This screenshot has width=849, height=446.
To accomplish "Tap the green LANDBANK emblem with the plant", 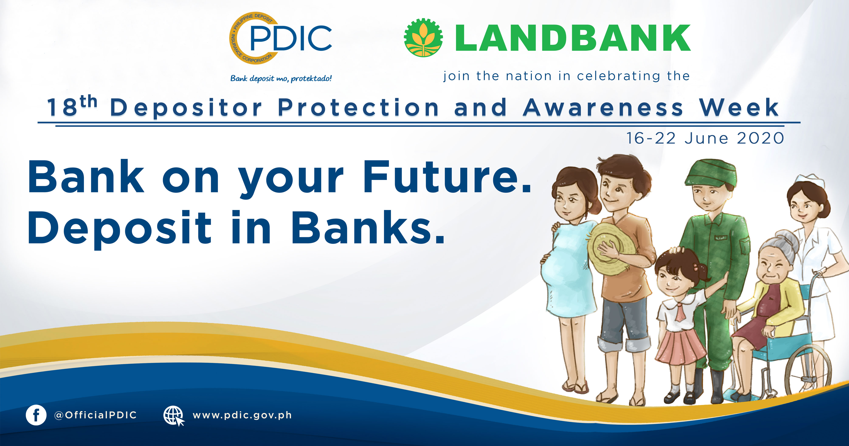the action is tap(423, 38).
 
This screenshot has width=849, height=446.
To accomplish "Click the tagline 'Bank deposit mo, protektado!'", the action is tap(281, 78).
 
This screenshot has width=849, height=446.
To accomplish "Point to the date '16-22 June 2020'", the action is tap(705, 138).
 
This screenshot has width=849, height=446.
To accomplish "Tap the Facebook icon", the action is tap(36, 415).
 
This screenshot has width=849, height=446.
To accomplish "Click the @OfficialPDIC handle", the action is tap(96, 415).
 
